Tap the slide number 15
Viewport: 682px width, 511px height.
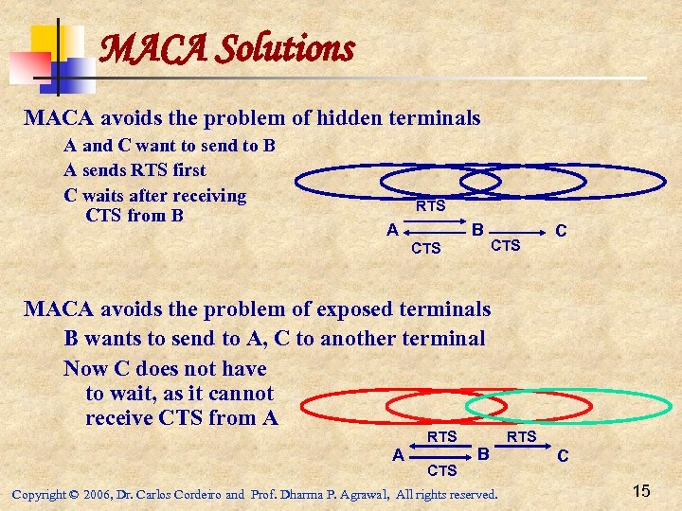(641, 491)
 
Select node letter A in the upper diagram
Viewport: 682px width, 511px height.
(391, 229)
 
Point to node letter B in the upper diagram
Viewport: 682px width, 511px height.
(478, 229)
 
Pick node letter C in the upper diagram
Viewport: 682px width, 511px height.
(561, 230)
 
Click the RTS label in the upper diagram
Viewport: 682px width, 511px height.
(431, 206)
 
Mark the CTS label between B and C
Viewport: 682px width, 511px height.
(506, 246)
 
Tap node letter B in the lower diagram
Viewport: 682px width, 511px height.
(483, 453)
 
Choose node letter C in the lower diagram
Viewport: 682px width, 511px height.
(563, 455)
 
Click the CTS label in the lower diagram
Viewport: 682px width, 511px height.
(442, 470)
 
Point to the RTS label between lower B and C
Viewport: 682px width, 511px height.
(523, 436)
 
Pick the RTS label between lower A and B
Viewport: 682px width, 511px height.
(442, 436)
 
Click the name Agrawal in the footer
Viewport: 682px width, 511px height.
(359, 494)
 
